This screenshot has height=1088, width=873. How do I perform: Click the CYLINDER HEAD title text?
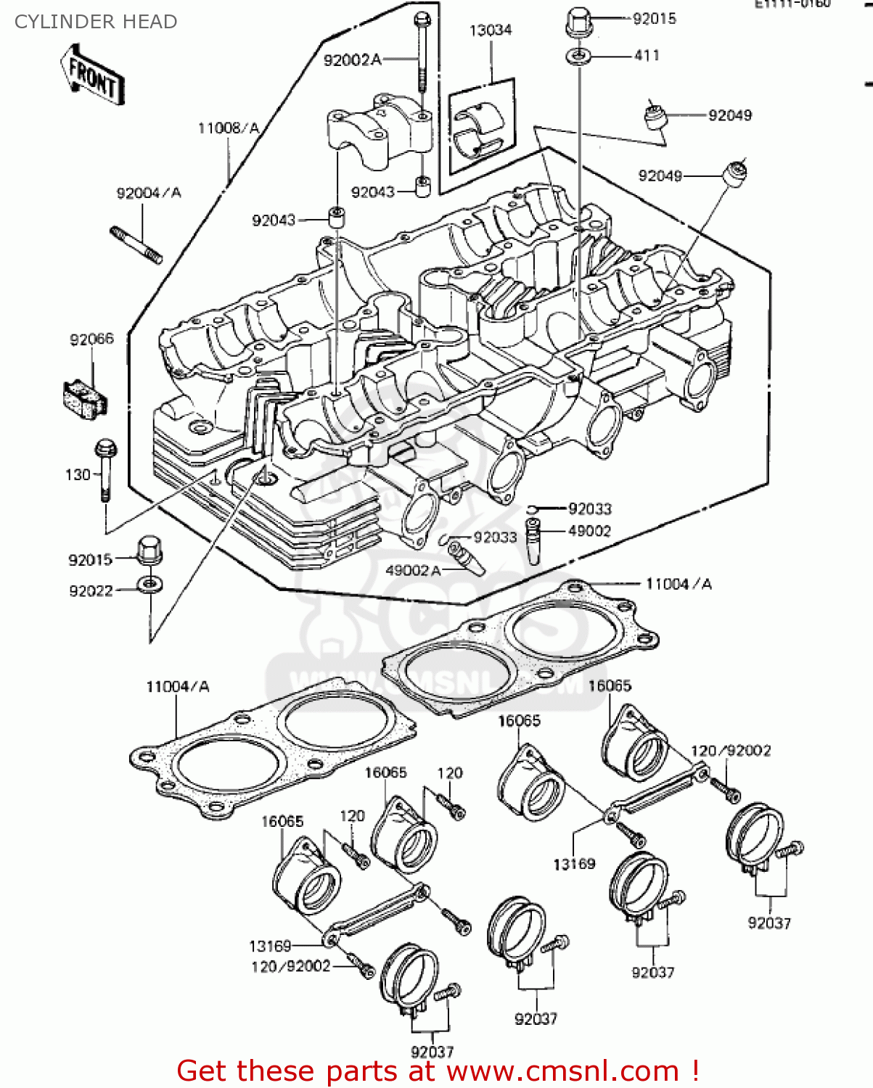(x=96, y=22)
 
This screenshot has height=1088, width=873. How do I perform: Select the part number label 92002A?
(x=352, y=60)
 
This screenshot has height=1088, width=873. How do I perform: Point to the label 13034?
(x=491, y=30)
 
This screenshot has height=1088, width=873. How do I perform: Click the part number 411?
(x=646, y=56)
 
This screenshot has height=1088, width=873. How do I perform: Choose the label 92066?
(x=91, y=339)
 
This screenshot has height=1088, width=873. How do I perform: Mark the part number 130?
(x=78, y=475)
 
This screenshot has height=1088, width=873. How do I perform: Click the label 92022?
(x=91, y=591)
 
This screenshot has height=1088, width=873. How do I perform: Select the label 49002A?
(x=413, y=571)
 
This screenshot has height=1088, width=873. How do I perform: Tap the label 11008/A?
(x=228, y=128)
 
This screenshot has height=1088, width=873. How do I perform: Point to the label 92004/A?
(x=149, y=193)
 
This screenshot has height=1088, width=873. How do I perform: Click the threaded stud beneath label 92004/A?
(x=136, y=244)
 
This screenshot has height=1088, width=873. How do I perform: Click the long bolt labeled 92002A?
(x=421, y=58)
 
